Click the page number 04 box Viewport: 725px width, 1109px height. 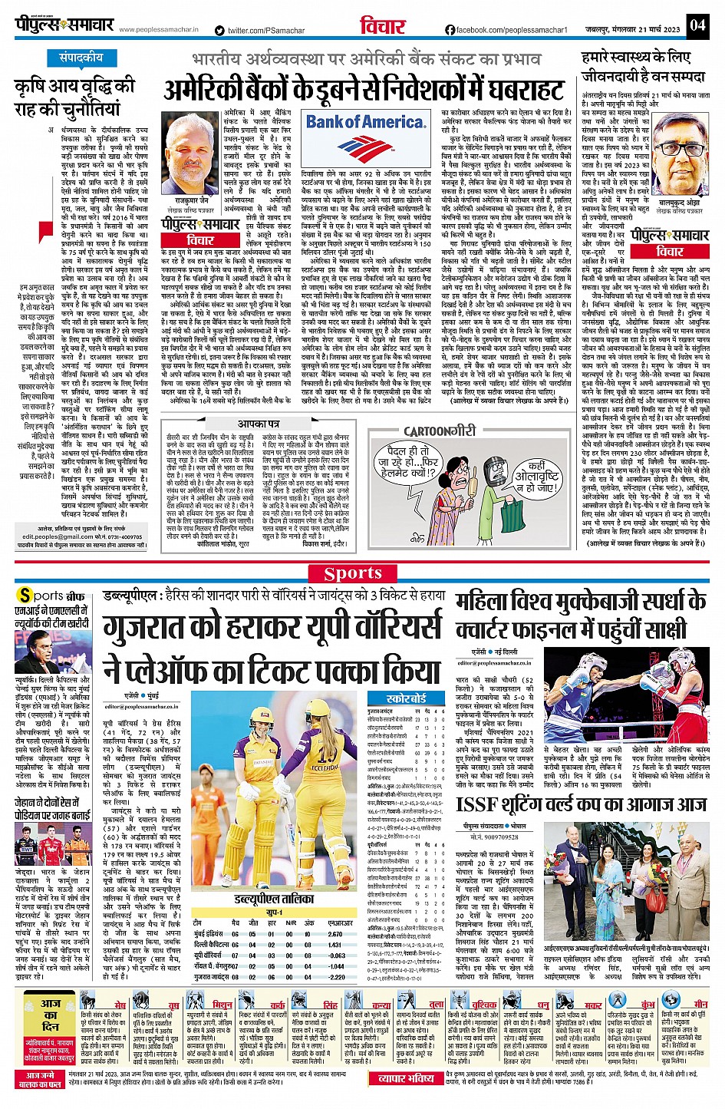pyautogui.click(x=696, y=25)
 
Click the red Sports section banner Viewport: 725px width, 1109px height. pyautogui.click(x=352, y=573)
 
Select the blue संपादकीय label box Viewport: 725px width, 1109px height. pyautogui.click(x=81, y=58)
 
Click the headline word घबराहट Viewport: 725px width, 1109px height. pyautogui.click(x=505, y=91)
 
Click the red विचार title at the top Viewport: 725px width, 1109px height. pyautogui.click(x=381, y=26)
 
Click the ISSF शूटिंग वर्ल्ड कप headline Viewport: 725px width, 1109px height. pyautogui.click(x=581, y=804)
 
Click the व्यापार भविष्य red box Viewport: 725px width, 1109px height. pyautogui.click(x=406, y=1078)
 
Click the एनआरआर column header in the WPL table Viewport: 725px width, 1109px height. pyautogui.click(x=340, y=923)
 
